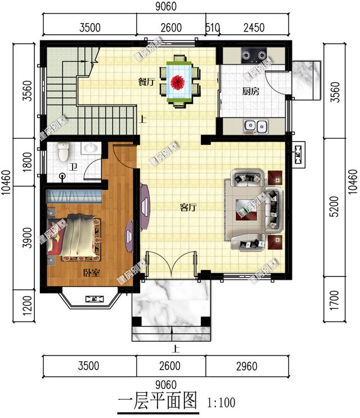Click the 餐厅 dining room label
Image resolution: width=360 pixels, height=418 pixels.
pyautogui.click(x=147, y=81)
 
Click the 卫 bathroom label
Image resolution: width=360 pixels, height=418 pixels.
pyautogui.click(x=73, y=166)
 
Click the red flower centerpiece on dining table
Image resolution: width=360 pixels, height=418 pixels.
pyautogui.click(x=179, y=82)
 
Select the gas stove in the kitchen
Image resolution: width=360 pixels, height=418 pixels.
pyautogui.click(x=253, y=56)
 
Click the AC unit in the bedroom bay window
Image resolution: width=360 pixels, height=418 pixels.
pyautogui.click(x=92, y=299)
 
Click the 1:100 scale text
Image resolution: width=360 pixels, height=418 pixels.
pyautogui.click(x=221, y=402)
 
